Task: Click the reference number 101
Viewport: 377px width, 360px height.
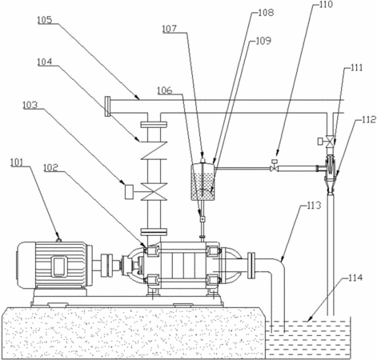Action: pos(17,162)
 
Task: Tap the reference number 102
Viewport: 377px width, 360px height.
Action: pos(50,168)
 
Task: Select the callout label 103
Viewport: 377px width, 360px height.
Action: pos(30,105)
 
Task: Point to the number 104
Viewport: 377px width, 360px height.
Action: pos(45,62)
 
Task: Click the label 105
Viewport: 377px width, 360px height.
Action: pos(45,20)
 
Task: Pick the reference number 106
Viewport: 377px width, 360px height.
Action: pos(165,90)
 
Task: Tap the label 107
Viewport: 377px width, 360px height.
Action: pos(170,29)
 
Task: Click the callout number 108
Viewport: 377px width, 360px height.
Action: pos(266,13)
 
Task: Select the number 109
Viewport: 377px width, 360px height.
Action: pos(263,41)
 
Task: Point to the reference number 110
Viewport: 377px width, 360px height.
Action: pos(326,5)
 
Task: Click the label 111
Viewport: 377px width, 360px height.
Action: pos(357,68)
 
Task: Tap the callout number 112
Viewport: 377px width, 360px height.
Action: pos(369,120)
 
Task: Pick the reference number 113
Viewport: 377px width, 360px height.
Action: pos(314,206)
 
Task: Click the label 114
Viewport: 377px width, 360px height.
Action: pos(355,278)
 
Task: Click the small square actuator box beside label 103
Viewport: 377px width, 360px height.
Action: pos(130,192)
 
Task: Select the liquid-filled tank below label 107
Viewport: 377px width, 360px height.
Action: pos(203,182)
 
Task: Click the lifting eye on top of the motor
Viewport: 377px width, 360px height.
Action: pos(58,240)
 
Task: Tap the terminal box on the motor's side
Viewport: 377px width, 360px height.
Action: pos(59,266)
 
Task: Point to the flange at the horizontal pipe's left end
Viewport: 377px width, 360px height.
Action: pos(107,106)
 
